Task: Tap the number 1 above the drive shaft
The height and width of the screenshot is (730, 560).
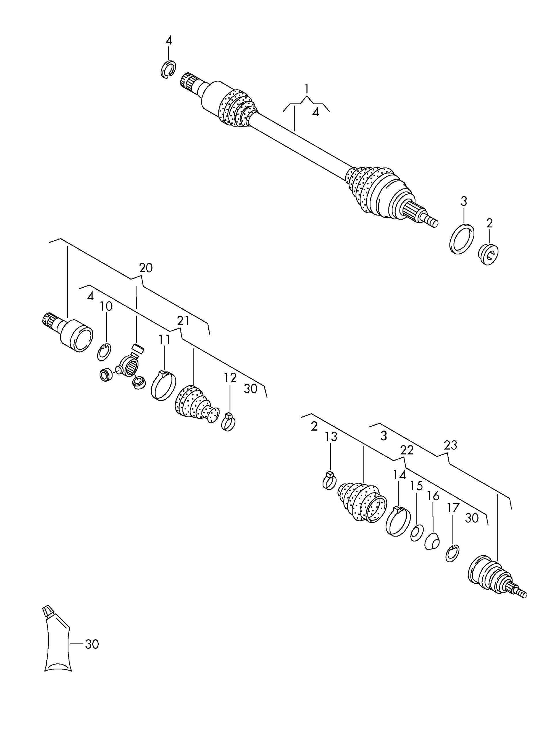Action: coord(306,89)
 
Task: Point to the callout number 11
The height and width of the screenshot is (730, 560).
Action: coord(164,339)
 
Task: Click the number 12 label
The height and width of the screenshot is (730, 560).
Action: coord(230,378)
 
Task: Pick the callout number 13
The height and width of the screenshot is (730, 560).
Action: coord(330,437)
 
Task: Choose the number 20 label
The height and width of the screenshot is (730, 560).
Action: coord(146,268)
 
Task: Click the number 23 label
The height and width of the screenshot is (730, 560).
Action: coord(450,445)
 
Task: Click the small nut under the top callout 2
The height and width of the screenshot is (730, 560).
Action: coord(488,255)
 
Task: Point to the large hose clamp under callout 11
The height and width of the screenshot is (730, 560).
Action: coord(163,386)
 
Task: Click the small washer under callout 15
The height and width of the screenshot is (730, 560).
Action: coord(417,533)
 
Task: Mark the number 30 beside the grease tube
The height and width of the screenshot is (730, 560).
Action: coord(92,644)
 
